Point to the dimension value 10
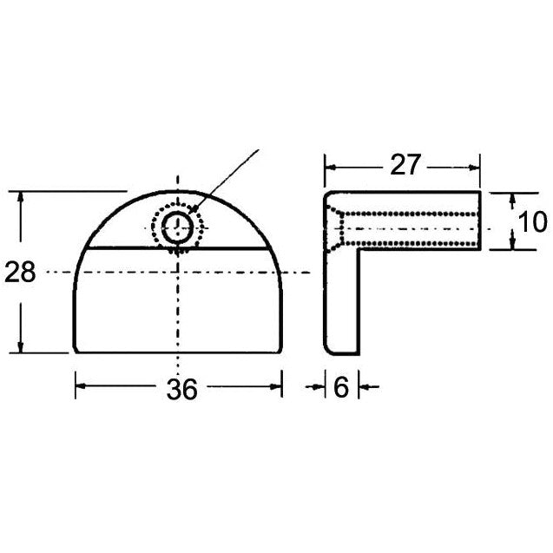point(532,221)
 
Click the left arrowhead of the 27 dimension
point(331,164)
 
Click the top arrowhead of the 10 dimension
point(509,196)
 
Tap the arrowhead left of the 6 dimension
point(319,388)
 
